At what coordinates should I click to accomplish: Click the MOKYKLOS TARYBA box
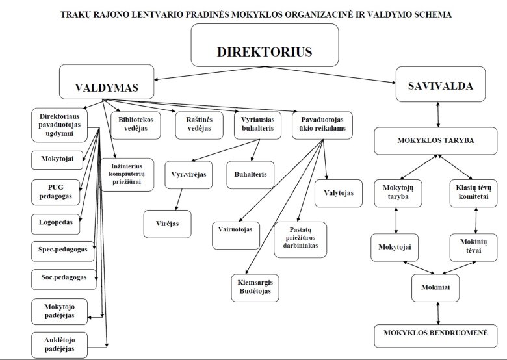439,140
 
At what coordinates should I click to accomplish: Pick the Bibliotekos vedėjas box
134,124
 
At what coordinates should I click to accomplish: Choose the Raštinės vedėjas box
194,124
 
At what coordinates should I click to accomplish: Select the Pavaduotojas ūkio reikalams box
322,124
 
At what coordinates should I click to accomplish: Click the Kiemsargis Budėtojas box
255,288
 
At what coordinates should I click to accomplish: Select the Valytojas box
338,193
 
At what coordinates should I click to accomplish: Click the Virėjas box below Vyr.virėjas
167,224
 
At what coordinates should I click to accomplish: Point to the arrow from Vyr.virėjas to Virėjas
174,199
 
